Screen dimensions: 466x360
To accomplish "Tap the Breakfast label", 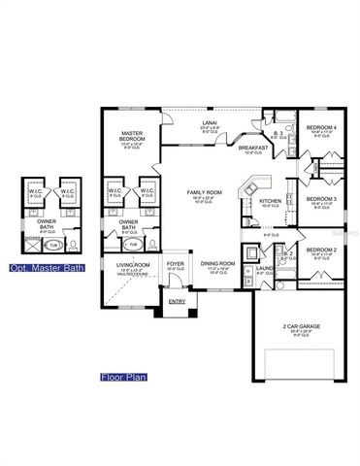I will (x=254, y=149).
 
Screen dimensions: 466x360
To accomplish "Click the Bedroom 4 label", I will (x=321, y=129).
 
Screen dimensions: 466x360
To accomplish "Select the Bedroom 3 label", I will (x=320, y=201).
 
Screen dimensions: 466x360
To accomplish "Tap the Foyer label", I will (x=175, y=264).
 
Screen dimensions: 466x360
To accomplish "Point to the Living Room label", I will (x=132, y=265).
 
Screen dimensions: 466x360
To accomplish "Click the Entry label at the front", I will (x=177, y=301).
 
